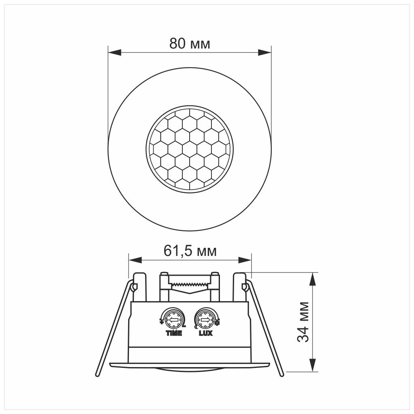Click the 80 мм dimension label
190,44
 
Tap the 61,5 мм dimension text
190,251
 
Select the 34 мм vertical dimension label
303,321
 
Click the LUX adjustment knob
205,320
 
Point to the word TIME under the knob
174,334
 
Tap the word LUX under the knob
205,334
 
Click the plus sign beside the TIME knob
162,322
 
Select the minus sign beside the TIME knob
184,326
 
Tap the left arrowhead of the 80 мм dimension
114,52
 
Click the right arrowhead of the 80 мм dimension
265,52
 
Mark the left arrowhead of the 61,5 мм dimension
135,260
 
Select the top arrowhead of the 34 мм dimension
313,279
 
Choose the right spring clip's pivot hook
244,287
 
